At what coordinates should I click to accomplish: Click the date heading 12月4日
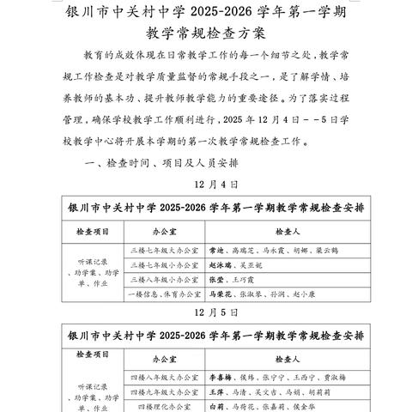(205, 184)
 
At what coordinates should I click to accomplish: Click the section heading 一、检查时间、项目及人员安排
(152, 162)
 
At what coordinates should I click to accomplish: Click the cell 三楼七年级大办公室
(162, 251)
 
